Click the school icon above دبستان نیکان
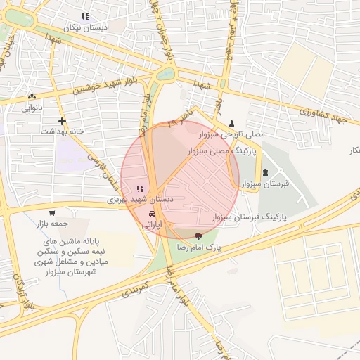click(x=85, y=16)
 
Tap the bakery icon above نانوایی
click(x=32, y=97)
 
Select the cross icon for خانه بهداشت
click(x=62, y=121)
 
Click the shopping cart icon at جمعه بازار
click(x=52, y=213)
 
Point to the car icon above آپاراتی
click(x=153, y=214)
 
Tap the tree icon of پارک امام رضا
click(x=199, y=237)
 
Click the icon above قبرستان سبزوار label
click(x=265, y=172)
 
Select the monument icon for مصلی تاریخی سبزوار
click(x=232, y=122)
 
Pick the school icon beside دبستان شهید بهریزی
click(x=139, y=188)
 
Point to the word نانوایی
click(x=32, y=108)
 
